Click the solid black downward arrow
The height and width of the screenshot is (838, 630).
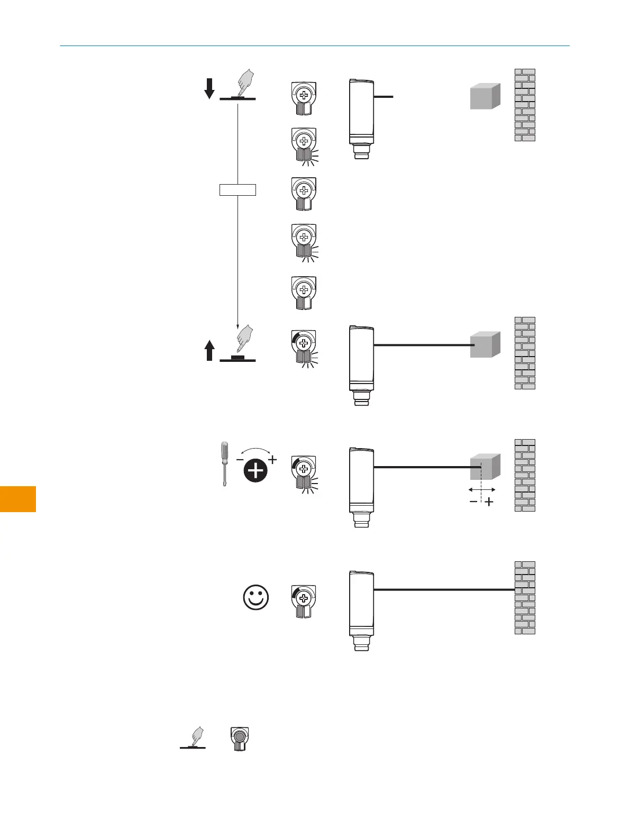click(209, 88)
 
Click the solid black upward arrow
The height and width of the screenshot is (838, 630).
click(209, 350)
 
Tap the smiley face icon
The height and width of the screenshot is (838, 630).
click(256, 598)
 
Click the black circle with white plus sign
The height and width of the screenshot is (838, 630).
click(256, 470)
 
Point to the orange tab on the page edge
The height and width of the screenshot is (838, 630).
click(18, 499)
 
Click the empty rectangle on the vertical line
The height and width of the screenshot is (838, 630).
click(238, 189)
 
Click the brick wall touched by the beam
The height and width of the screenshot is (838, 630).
click(525, 597)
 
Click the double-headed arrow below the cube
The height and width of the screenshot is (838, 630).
click(482, 490)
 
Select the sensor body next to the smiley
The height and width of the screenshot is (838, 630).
click(361, 604)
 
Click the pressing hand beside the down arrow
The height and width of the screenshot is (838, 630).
click(245, 83)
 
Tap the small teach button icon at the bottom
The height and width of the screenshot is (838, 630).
click(240, 739)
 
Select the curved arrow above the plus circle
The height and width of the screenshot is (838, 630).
click(256, 451)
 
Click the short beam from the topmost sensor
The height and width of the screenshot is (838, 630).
click(384, 97)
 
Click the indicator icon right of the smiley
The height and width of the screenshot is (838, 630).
click(304, 601)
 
